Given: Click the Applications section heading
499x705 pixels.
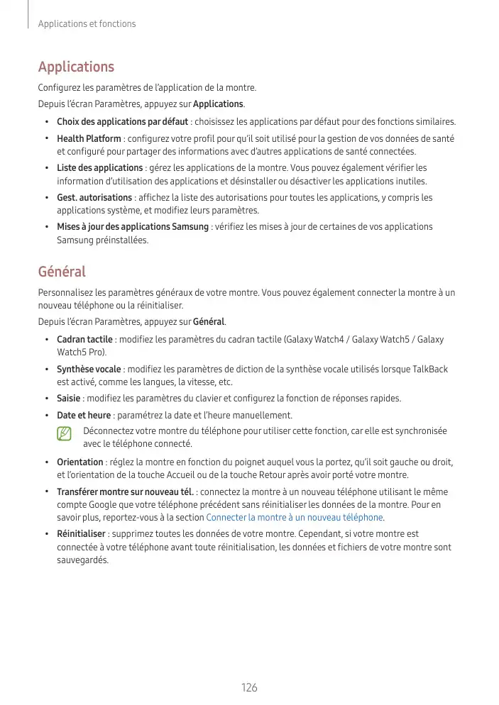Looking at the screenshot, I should tap(76, 67).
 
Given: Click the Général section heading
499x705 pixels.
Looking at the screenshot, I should tap(62, 272).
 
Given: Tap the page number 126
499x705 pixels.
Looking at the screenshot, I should tap(249, 687).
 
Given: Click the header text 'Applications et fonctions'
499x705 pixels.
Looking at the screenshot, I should tap(87, 24).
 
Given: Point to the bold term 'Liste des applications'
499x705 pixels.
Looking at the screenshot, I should tap(99, 168).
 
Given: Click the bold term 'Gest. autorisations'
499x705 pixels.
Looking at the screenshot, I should tap(94, 198).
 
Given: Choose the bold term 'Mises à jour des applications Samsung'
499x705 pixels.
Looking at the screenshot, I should tap(133, 227).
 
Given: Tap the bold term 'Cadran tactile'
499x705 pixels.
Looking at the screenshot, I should tap(84, 340).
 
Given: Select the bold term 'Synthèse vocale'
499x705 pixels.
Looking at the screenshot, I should tap(89, 370).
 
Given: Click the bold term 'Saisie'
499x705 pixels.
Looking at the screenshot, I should tap(68, 399).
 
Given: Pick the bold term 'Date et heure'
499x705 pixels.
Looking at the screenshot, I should tap(84, 416).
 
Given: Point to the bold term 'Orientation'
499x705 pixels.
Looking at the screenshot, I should tap(79, 462).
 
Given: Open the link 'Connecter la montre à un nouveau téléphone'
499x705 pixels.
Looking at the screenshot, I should tap(294, 518).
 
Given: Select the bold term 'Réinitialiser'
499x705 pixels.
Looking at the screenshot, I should tap(82, 534).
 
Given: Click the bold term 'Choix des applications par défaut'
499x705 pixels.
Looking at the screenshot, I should tap(122, 121).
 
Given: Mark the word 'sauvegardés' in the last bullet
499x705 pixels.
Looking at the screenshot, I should tap(82, 560).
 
